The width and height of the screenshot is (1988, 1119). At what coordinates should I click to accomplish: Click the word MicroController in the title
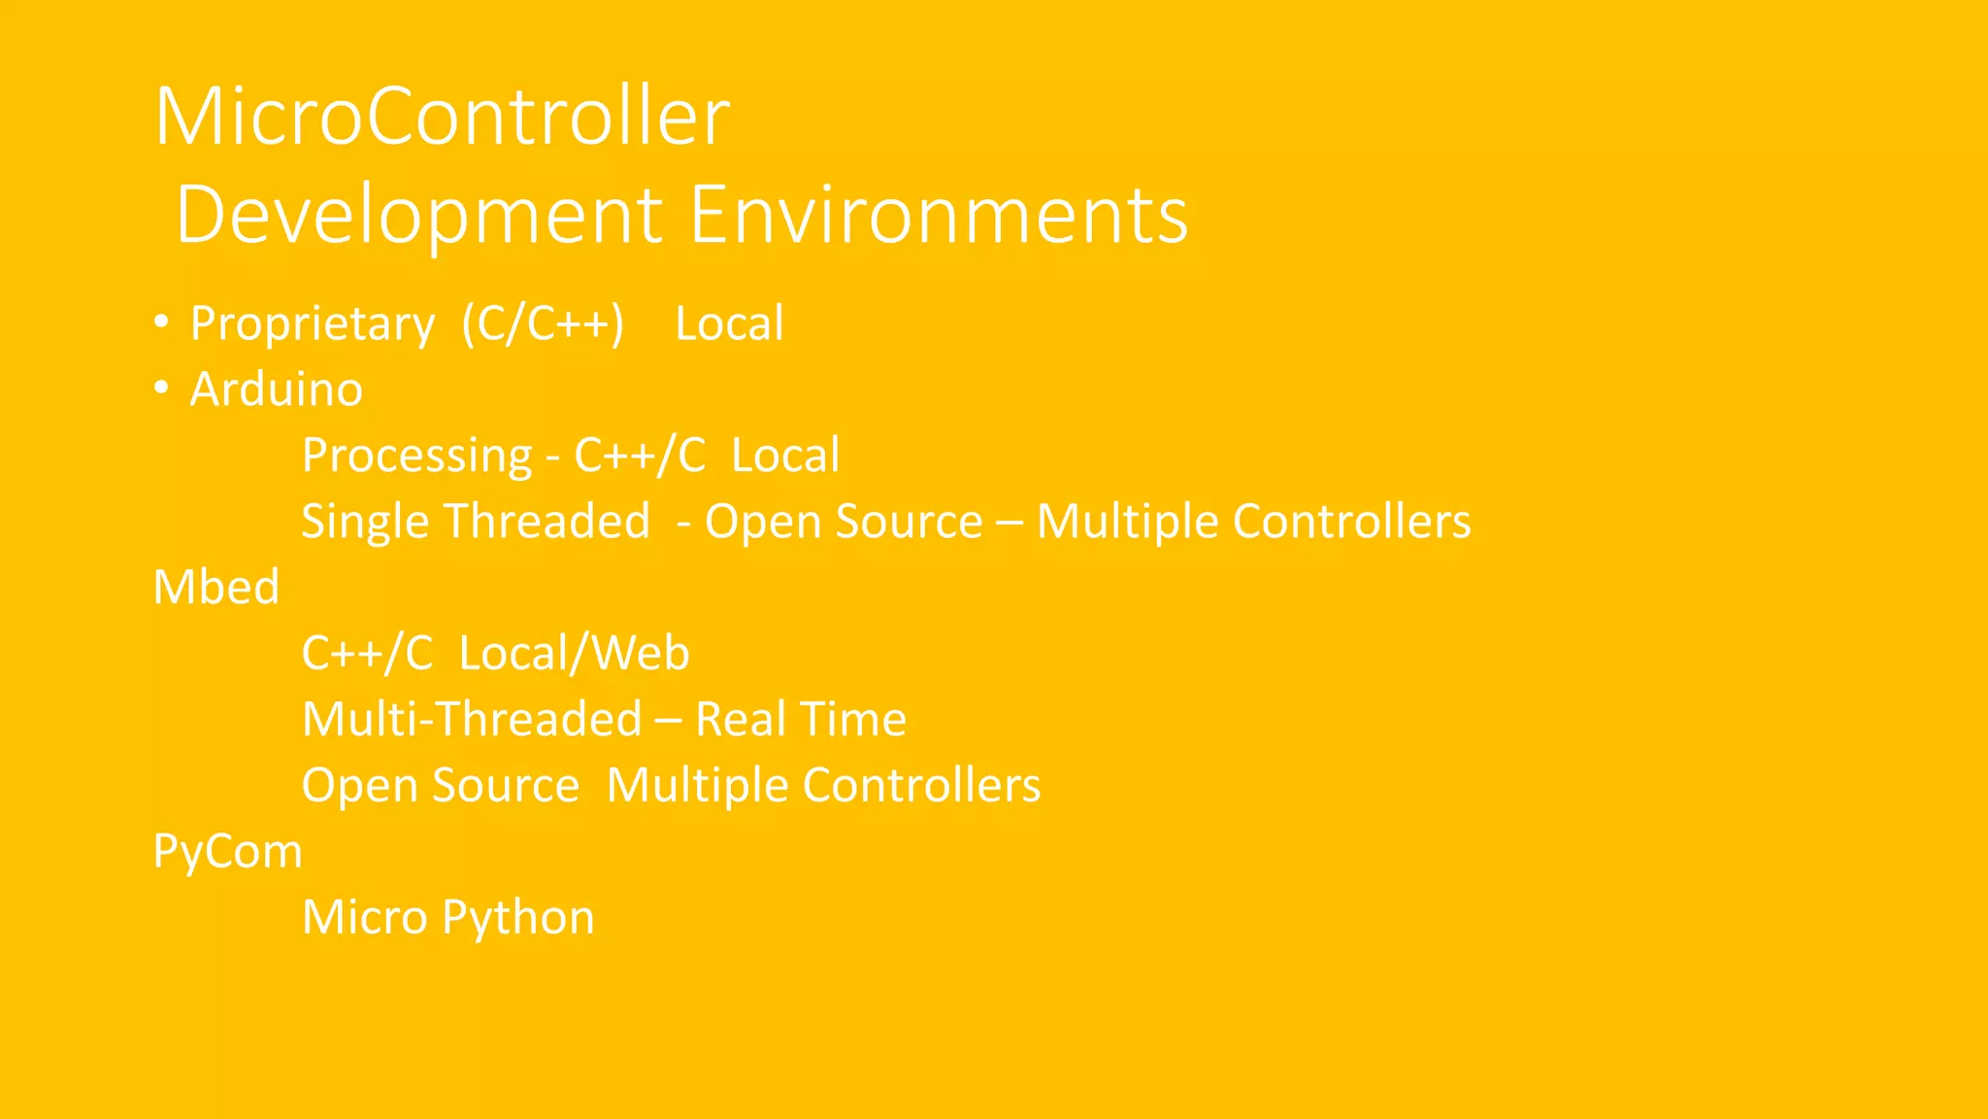point(442,117)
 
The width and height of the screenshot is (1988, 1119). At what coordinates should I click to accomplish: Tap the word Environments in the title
point(939,216)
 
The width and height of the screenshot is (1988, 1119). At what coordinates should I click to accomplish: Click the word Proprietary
point(313,324)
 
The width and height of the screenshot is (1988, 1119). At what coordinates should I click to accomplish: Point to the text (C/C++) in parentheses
point(543,324)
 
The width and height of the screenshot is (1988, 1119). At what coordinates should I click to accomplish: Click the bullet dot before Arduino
point(162,388)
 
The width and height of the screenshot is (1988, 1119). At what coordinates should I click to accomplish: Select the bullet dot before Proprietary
point(162,322)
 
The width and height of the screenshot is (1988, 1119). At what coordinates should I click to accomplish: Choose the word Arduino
point(276,390)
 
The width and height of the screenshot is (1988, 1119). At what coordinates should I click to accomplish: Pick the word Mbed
point(216,588)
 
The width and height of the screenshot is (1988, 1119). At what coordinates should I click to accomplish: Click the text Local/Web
point(574,654)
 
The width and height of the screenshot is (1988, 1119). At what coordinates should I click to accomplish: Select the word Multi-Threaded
point(472,720)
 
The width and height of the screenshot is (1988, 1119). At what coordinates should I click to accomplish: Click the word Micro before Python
point(365,918)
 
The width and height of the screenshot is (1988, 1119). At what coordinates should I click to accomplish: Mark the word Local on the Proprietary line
point(729,324)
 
